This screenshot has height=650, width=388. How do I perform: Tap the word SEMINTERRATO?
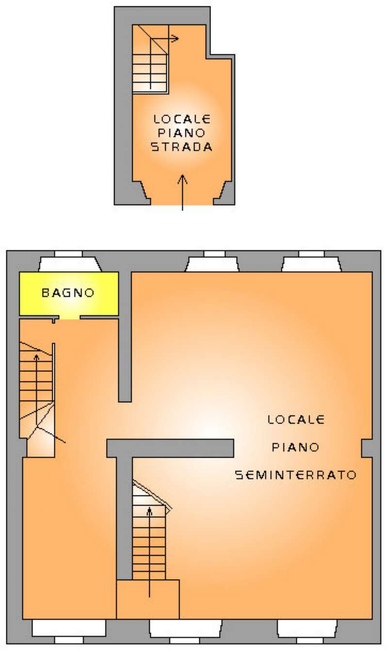click(296, 475)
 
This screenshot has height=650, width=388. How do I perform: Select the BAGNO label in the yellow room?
click(67, 293)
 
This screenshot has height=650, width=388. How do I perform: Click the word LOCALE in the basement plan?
click(296, 420)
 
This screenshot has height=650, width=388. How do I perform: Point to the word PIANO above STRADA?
click(182, 133)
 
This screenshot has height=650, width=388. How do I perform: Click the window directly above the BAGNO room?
click(69, 262)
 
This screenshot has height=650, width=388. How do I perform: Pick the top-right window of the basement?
click(311, 262)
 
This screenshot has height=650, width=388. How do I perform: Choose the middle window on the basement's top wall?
click(212, 262)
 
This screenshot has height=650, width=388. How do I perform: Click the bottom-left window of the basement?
click(69, 629)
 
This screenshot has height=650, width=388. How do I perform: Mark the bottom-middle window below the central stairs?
click(185, 629)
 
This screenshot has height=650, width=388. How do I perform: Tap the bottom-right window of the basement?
click(307, 629)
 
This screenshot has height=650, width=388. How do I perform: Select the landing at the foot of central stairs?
click(148, 599)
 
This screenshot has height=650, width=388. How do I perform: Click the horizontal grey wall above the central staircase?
click(170, 448)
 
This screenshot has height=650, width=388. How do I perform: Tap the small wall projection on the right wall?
click(367, 448)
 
